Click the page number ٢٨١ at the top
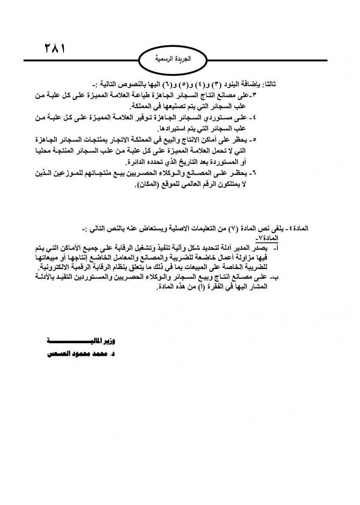pyautogui.click(x=54, y=47)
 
